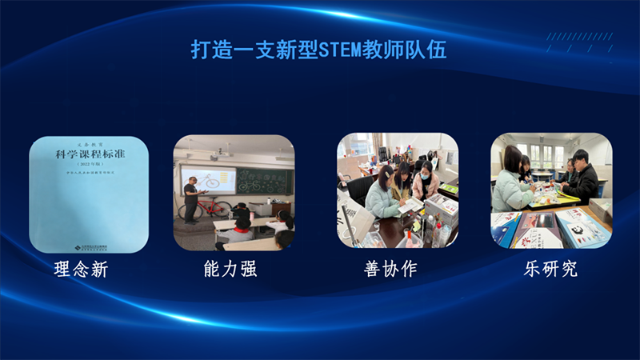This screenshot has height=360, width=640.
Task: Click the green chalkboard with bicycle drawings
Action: pyautogui.click(x=265, y=181)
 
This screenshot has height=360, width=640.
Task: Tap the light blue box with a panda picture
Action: pyautogui.click(x=582, y=226)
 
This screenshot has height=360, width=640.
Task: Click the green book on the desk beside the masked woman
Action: pyautogui.click(x=449, y=190)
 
